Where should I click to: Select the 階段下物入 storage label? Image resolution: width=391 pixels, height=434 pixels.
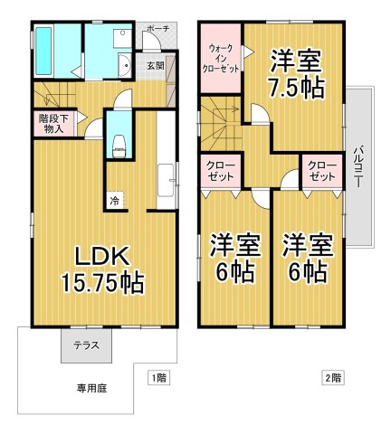pos(52,123)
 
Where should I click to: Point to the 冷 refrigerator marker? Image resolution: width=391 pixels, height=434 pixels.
pos(115,200)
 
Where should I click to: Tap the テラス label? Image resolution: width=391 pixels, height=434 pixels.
pos(87,345)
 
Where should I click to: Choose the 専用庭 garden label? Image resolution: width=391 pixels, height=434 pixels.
pos(91,389)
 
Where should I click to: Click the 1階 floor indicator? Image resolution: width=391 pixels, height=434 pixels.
pos(157,377)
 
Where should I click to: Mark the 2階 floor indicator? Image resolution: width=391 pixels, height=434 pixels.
pos(330,377)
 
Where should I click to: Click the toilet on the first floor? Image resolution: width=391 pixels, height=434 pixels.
pos(119,145)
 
